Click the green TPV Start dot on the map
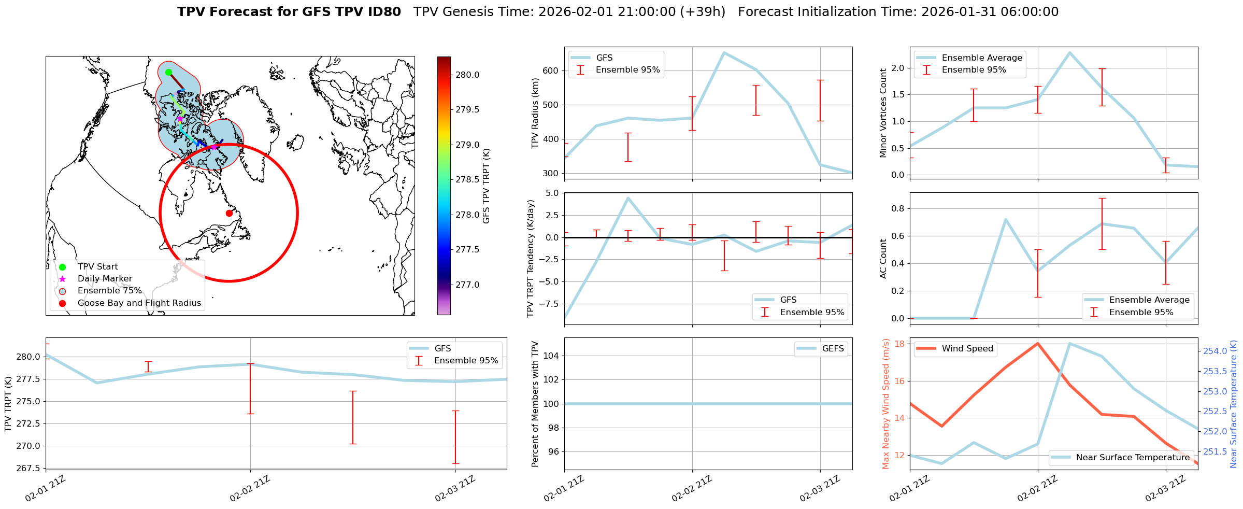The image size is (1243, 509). [168, 72]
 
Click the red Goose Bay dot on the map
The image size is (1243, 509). [229, 213]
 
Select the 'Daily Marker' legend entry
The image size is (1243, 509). [105, 279]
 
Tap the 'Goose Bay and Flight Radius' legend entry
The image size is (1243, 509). [139, 303]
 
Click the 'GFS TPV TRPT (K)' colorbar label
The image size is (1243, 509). [486, 186]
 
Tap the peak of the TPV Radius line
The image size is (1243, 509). [724, 52]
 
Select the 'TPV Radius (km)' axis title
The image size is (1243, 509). [535, 113]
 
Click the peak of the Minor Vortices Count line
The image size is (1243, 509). [1069, 52]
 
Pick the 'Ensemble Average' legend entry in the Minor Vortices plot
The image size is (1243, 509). [982, 58]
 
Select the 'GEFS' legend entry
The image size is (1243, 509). [833, 349]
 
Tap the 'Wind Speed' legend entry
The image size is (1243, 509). [967, 349]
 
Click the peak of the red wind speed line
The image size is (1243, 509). [1038, 343]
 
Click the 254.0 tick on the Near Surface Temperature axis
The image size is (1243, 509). [1215, 351]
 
